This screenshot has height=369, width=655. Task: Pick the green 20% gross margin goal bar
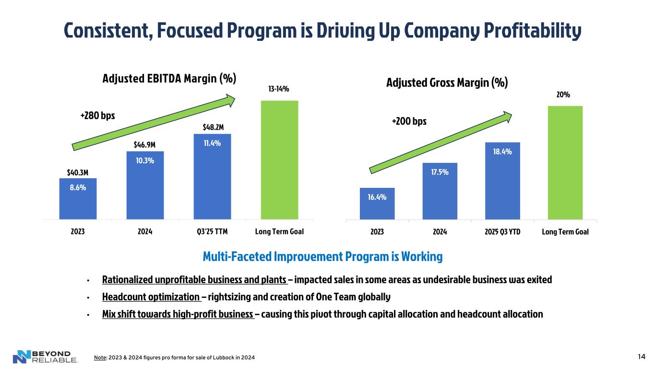[x=565, y=162]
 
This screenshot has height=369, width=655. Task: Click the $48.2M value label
[x=212, y=127]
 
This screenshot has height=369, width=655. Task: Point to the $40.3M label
[x=78, y=172]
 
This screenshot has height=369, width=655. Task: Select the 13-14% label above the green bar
[x=279, y=89]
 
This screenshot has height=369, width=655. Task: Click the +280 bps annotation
[x=97, y=116]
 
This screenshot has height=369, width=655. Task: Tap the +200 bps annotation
[x=409, y=122]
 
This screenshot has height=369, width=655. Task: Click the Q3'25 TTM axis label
[x=212, y=231]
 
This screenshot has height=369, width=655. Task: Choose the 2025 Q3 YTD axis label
[x=502, y=231]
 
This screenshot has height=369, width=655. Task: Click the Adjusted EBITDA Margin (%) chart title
[x=169, y=78]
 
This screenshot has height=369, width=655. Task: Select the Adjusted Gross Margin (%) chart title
[x=447, y=83]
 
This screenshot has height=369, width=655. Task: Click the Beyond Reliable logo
[x=45, y=356]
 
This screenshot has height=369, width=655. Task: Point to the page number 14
[x=641, y=356]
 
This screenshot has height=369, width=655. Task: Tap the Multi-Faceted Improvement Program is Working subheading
[x=322, y=257]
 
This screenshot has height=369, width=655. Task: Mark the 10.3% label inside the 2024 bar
[x=144, y=160]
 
